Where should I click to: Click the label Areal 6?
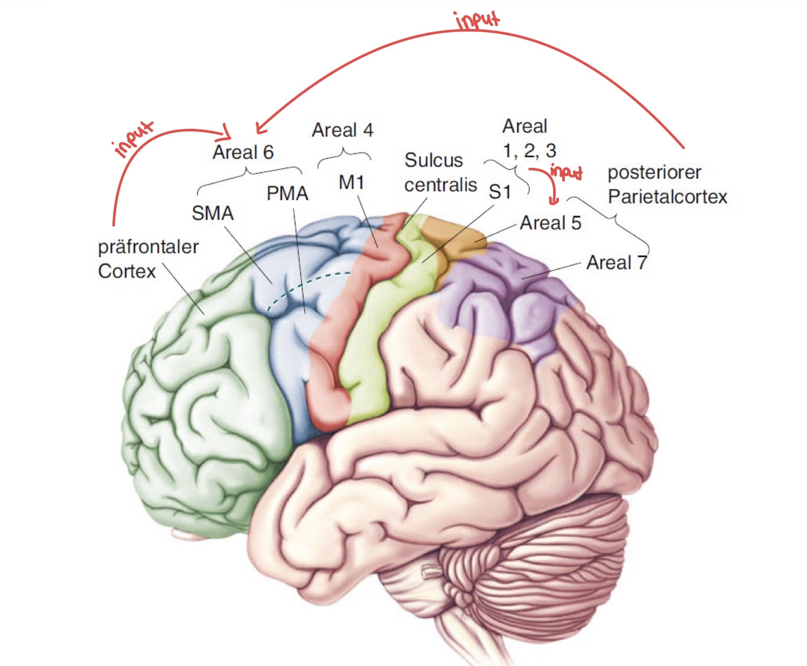pyautogui.click(x=243, y=152)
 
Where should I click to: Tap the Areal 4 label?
pyautogui.click(x=343, y=130)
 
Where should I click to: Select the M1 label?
pyautogui.click(x=351, y=182)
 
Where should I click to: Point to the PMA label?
pyautogui.click(x=287, y=194)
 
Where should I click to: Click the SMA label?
pyautogui.click(x=213, y=213)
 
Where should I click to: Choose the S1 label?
pyautogui.click(x=500, y=192)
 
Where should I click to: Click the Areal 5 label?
pyautogui.click(x=550, y=223)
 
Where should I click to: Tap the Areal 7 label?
pyautogui.click(x=616, y=262)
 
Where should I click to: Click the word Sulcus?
pyautogui.click(x=434, y=160)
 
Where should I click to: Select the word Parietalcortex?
pyautogui.click(x=667, y=196)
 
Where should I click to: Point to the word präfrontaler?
pyautogui.click(x=148, y=247)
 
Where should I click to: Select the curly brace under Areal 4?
pyautogui.click(x=344, y=156)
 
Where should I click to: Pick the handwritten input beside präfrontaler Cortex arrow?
pyautogui.click(x=133, y=138)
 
